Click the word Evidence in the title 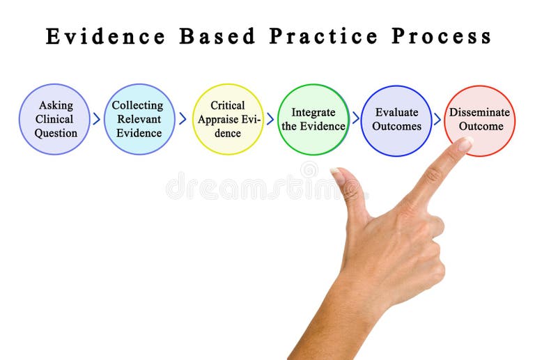tap(106, 36)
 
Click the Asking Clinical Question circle tap(55, 119)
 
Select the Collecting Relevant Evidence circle tap(139, 119)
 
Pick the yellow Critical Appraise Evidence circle tap(228, 119)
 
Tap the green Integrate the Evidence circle tap(313, 119)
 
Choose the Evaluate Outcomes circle tap(396, 119)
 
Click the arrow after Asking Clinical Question tap(97, 119)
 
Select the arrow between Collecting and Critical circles tap(183, 119)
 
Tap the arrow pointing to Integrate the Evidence tap(270, 119)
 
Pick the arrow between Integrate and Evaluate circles tap(355, 118)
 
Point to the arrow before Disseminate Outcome tap(437, 119)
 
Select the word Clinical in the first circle tap(54, 119)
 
